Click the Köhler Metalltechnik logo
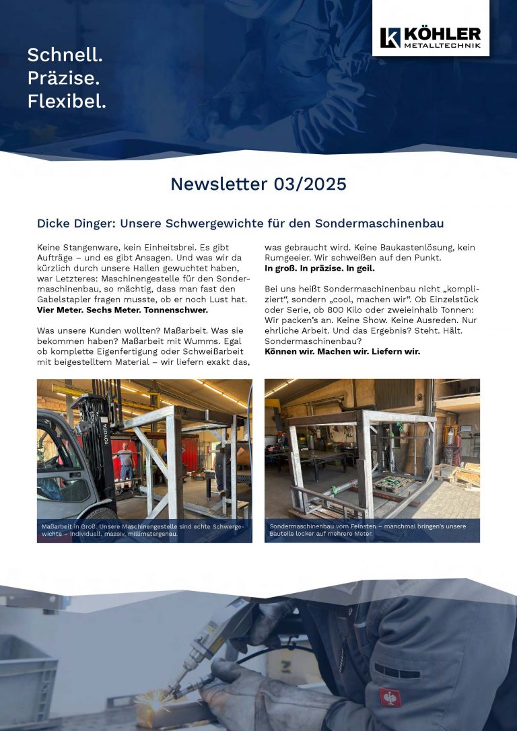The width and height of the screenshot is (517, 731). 430,38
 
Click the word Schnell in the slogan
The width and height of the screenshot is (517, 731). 65,55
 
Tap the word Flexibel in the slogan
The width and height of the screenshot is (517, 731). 67,102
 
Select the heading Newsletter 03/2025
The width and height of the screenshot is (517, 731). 258,184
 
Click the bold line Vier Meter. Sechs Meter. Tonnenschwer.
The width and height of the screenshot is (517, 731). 122,310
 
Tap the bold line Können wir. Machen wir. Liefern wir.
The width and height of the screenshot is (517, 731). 342,351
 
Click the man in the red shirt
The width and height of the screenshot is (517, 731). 125,462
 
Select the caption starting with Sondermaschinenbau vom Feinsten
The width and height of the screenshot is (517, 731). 367,530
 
